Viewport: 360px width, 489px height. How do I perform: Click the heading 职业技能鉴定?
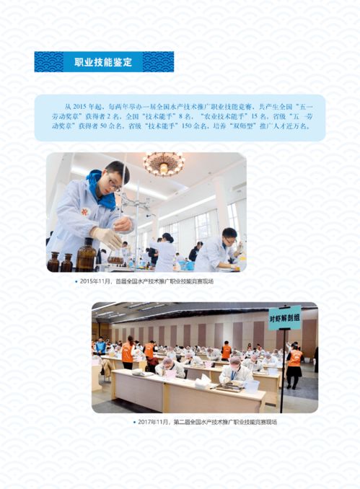pos(103,62)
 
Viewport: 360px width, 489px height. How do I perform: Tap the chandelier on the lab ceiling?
pos(163,164)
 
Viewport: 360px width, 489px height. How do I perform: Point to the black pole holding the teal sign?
pos(283,368)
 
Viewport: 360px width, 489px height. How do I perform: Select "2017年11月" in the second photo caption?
pos(154,422)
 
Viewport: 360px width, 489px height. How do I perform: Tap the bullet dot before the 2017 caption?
pos(133,422)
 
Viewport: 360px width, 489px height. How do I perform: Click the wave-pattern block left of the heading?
pos(49,62)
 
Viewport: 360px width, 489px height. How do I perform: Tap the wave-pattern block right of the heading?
pos(157,62)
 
